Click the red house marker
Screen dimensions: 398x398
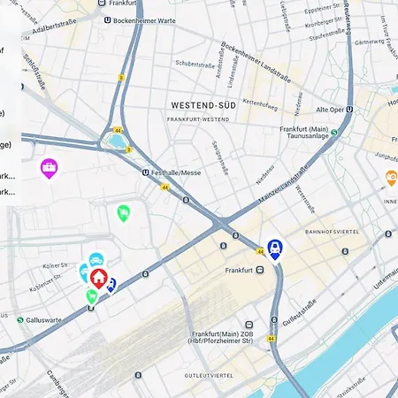click(98, 277)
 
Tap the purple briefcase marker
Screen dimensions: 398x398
click(50, 167)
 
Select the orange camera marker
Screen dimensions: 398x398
click(391, 178)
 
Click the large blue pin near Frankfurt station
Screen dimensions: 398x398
click(275, 249)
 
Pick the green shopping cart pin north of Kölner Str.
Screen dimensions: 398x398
click(123, 212)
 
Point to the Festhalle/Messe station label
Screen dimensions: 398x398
click(176, 173)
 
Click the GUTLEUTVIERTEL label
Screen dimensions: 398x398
click(209, 375)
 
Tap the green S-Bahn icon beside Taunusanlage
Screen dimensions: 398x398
click(333, 132)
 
